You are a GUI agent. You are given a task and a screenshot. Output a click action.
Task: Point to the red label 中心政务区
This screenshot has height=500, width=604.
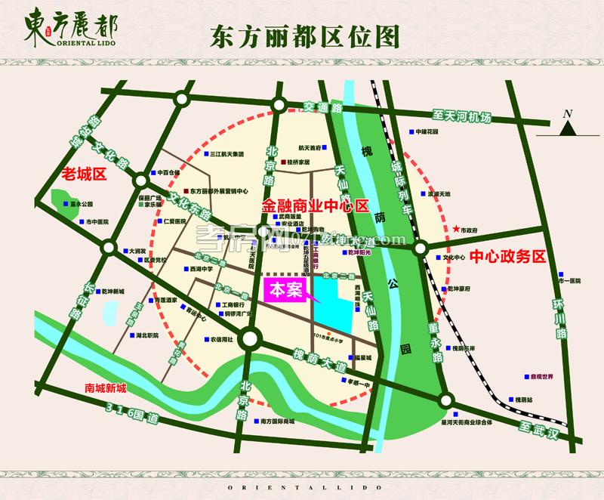pos(507,255)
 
